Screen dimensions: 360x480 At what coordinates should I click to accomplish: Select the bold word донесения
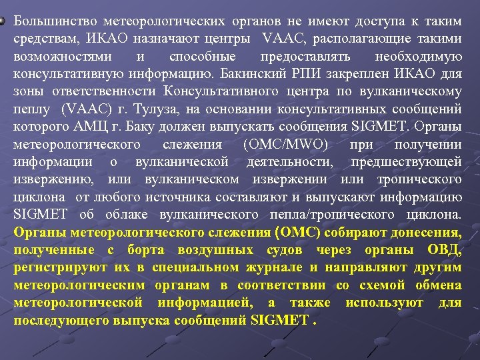pyautogui.click(x=424, y=233)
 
